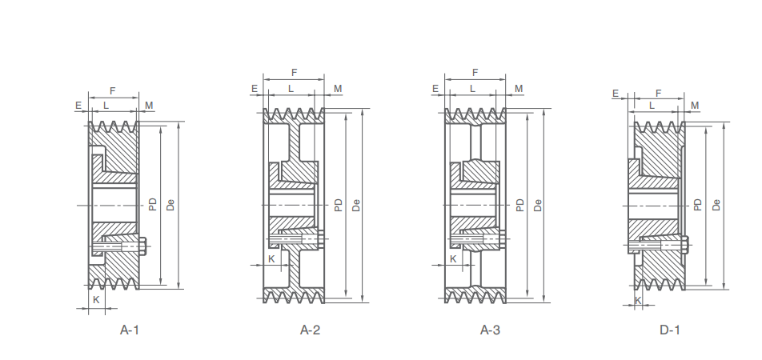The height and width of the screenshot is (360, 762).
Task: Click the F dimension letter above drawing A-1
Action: click(x=112, y=91)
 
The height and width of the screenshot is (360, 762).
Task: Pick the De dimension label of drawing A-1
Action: click(x=170, y=205)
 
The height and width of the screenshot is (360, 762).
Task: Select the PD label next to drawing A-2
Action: click(x=339, y=205)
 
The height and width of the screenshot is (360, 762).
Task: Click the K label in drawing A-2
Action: click(x=271, y=258)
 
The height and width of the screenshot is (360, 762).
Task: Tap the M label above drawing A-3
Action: click(x=519, y=88)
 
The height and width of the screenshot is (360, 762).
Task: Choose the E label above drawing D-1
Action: click(x=616, y=94)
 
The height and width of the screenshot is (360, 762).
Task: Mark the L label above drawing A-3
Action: click(x=473, y=88)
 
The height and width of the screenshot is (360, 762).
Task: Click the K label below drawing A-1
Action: click(x=96, y=299)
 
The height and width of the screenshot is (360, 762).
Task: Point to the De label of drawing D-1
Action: click(x=717, y=205)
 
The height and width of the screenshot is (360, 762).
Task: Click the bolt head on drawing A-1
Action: click(x=143, y=246)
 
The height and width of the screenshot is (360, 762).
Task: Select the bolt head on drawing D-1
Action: click(x=686, y=244)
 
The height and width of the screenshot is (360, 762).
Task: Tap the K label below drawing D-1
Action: click(x=639, y=300)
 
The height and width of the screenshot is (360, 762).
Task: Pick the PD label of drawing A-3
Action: click(x=520, y=205)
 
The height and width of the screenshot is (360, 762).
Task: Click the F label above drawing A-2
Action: click(x=295, y=73)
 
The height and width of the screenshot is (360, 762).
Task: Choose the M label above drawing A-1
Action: click(x=149, y=105)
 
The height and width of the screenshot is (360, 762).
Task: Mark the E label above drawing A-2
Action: click(x=254, y=88)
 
